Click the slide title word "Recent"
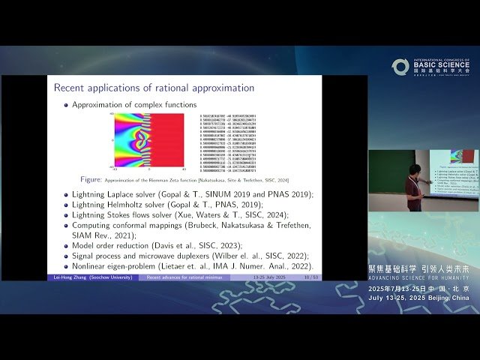pyautogui.click(x=70, y=88)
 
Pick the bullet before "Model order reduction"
pyautogui.click(x=65, y=245)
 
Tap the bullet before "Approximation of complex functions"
pyautogui.click(x=65, y=105)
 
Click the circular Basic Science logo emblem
pyautogui.click(x=400, y=67)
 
